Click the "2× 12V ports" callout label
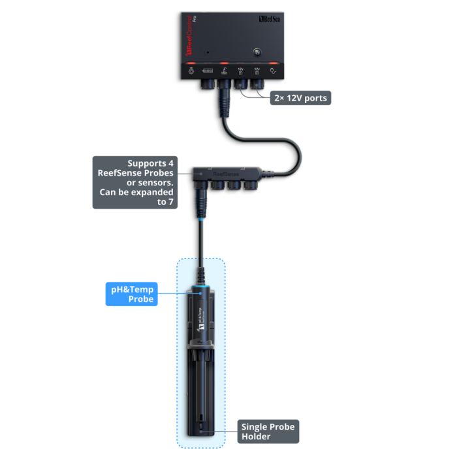click(x=300, y=98)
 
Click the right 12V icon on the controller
click(x=257, y=71)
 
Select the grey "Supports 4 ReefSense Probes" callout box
click(x=134, y=182)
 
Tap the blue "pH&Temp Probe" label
click(x=132, y=294)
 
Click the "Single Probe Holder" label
click(x=268, y=432)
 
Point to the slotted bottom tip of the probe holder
click(x=200, y=432)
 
